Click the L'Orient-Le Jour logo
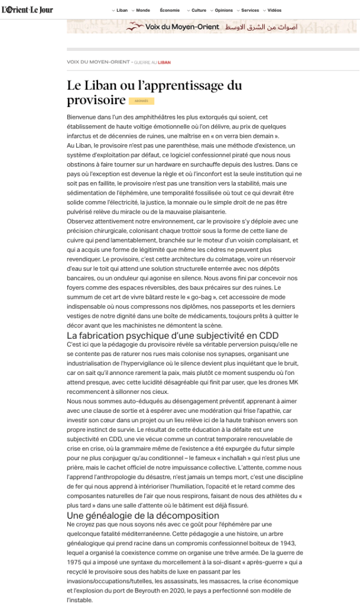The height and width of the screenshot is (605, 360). click(x=27, y=10)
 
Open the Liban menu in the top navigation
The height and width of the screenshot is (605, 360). click(x=122, y=11)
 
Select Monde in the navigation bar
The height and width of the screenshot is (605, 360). click(x=142, y=11)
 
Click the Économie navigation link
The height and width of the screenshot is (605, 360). click(x=170, y=11)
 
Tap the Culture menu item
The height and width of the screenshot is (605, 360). click(x=199, y=11)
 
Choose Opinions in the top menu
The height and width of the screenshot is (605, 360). click(x=223, y=11)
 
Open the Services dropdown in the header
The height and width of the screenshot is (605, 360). click(x=250, y=11)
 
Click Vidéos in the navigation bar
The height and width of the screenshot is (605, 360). click(x=274, y=11)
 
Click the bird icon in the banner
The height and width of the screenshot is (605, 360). click(x=136, y=27)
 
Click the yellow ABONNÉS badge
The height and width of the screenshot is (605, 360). click(x=141, y=101)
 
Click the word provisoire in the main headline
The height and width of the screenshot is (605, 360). click(x=96, y=100)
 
